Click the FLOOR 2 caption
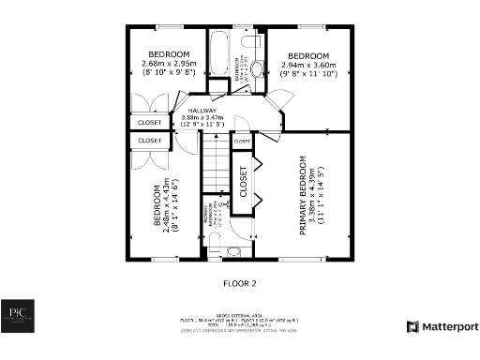point(239,282)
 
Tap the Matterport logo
point(442,327)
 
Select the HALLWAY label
point(202,111)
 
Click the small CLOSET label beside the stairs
point(242,142)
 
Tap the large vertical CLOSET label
point(242,182)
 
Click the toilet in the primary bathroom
point(233,251)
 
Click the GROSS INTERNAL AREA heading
point(240,316)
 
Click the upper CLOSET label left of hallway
point(150,122)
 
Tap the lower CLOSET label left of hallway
point(150,141)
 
